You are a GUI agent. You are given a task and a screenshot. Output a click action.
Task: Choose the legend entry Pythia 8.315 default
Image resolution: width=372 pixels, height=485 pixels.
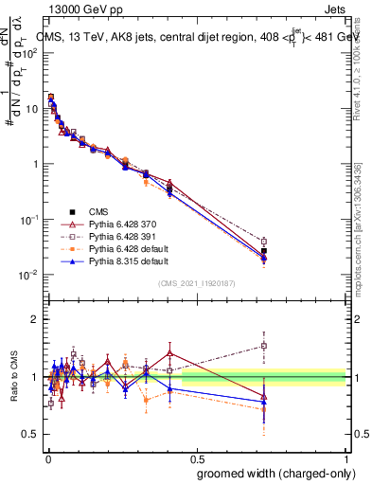click(115, 260)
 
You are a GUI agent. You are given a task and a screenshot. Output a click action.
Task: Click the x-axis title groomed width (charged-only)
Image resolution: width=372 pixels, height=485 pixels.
click(269, 473)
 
